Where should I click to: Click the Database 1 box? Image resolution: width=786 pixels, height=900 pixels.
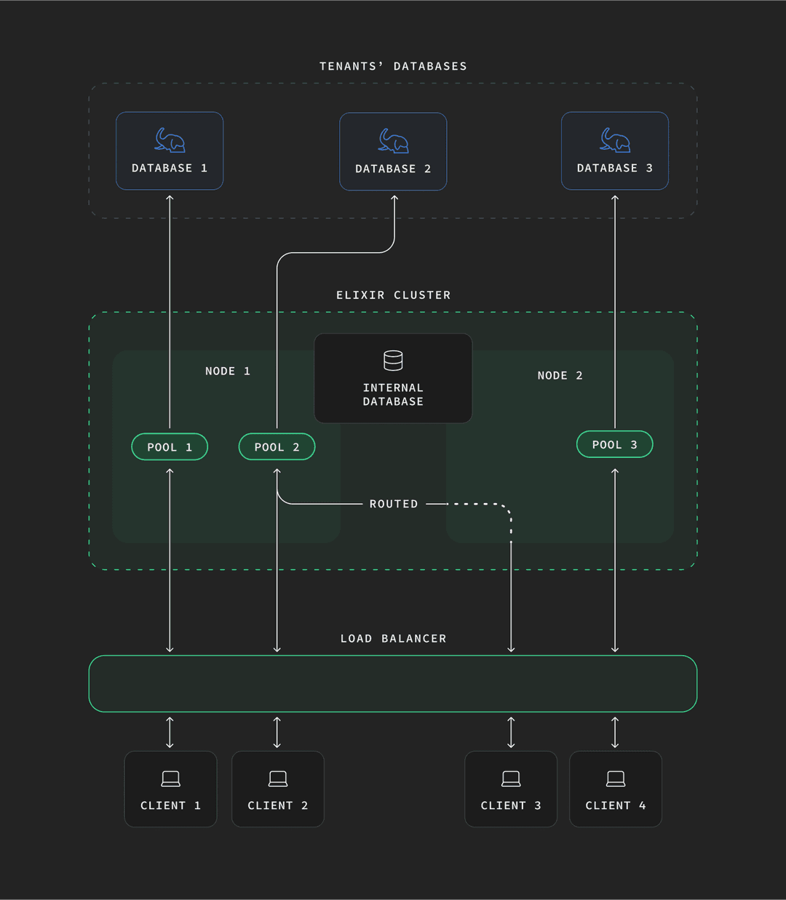click(170, 151)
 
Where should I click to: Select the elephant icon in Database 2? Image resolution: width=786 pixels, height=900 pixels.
click(393, 141)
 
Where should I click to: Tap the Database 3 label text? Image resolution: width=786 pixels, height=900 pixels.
click(614, 168)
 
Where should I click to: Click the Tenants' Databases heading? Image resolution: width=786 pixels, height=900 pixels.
click(393, 66)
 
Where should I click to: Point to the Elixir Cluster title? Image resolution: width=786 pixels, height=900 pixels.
click(393, 295)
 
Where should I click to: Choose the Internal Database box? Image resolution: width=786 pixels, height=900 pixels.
click(393, 379)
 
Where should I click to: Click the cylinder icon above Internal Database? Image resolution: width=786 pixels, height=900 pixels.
click(393, 361)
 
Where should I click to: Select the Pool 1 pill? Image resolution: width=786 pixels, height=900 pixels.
click(170, 447)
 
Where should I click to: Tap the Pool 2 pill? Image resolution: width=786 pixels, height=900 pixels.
click(277, 447)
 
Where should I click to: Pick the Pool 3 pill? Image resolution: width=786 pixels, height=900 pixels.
click(614, 444)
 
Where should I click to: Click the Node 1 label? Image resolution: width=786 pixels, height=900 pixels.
click(227, 371)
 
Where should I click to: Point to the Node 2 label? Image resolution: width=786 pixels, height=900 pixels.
click(560, 376)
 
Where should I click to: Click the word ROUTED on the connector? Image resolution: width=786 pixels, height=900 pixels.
click(394, 504)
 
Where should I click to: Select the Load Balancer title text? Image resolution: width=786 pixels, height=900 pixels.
click(393, 638)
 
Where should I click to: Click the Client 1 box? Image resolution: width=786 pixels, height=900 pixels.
click(170, 789)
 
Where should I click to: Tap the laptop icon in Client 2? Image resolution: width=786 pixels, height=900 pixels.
click(278, 779)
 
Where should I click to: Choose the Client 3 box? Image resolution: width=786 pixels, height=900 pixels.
click(511, 789)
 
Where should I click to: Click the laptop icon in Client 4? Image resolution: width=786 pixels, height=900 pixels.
click(616, 779)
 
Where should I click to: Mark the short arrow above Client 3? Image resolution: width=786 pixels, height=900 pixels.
click(511, 732)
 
